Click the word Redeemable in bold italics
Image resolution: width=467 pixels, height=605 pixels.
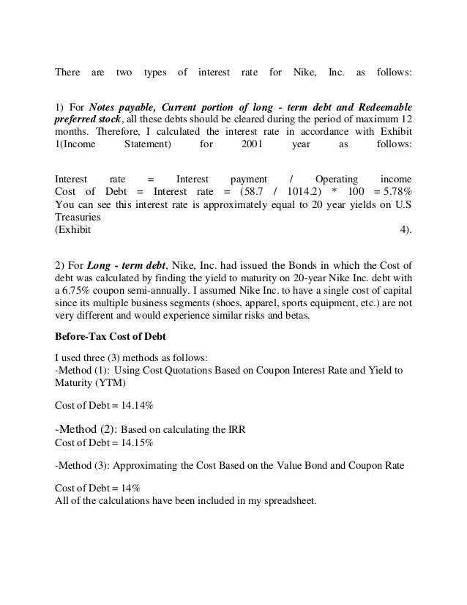(x=379, y=104)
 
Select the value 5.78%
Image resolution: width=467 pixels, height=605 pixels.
(x=395, y=192)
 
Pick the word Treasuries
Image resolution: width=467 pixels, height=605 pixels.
(x=78, y=218)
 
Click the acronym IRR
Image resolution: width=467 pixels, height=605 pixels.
(x=236, y=431)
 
